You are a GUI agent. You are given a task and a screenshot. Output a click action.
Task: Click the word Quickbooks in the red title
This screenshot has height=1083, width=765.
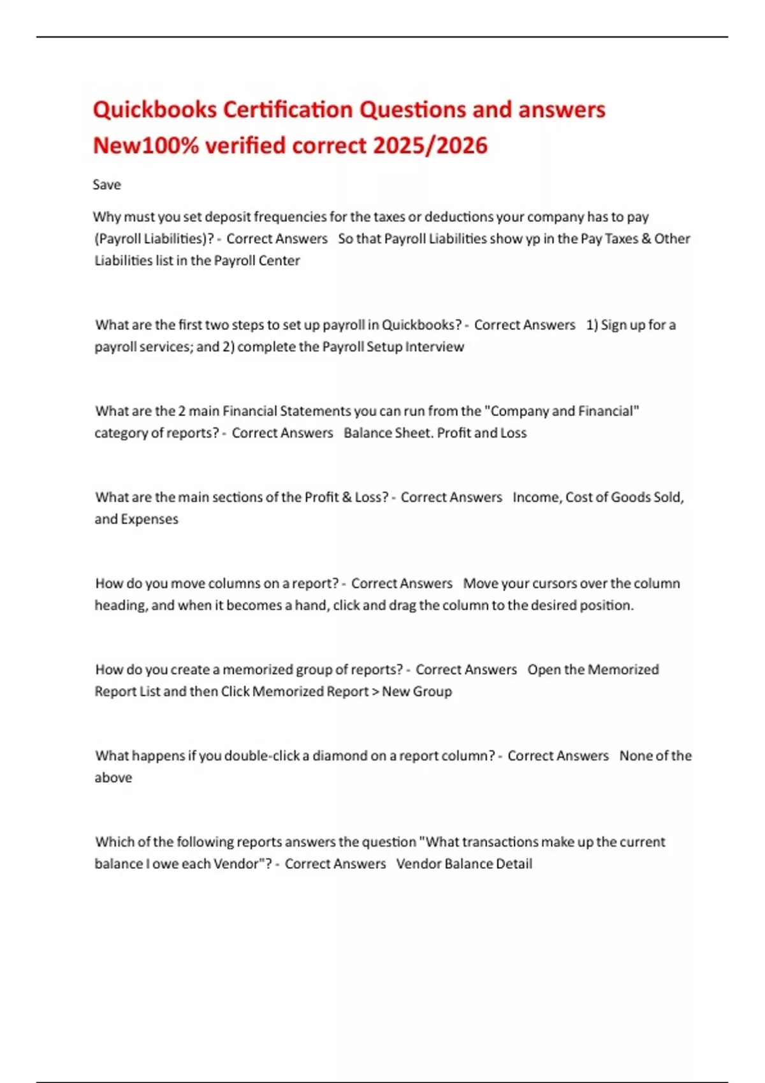pyautogui.click(x=155, y=110)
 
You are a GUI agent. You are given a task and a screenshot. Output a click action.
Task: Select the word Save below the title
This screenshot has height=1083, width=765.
pyautogui.click(x=106, y=185)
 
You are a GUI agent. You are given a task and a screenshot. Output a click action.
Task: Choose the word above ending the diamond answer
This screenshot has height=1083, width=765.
pyautogui.click(x=113, y=778)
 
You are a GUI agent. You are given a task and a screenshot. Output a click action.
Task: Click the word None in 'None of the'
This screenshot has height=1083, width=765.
pyautogui.click(x=635, y=756)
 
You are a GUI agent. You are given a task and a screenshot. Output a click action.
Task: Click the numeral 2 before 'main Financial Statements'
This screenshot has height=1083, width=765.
pyautogui.click(x=182, y=411)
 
